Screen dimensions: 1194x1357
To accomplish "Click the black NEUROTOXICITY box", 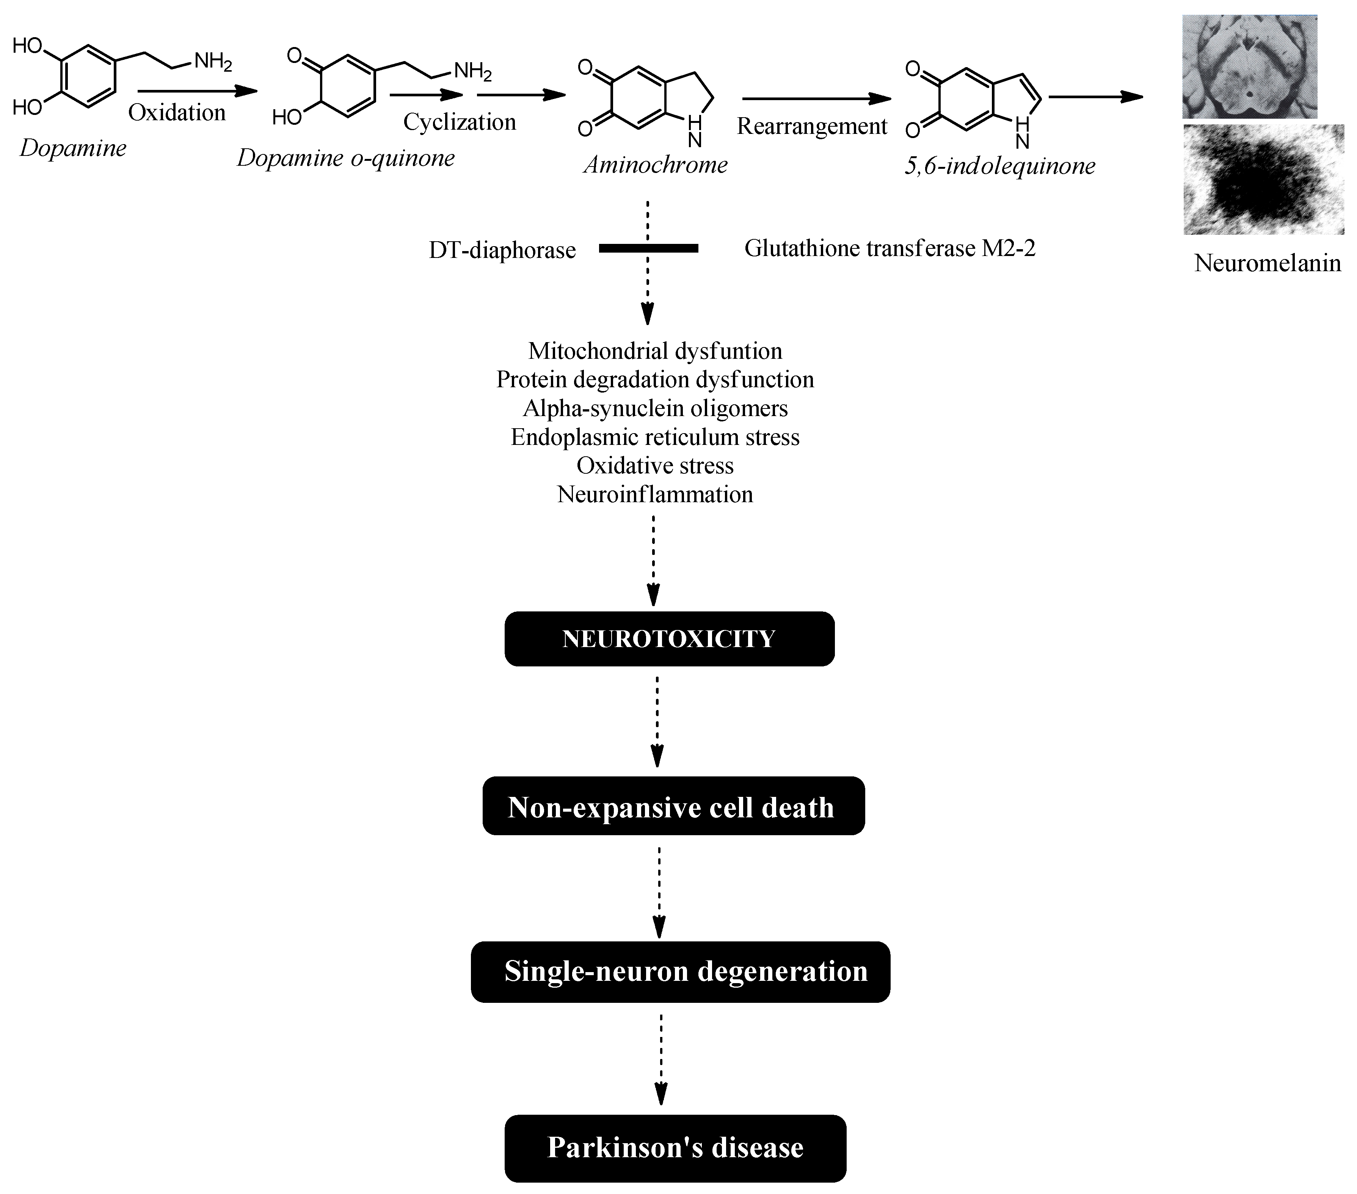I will [x=669, y=639].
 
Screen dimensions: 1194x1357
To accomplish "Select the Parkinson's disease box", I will [x=675, y=1147].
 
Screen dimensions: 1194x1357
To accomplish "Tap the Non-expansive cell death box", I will [x=673, y=806].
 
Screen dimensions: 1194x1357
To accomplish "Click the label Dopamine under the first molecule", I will [x=73, y=148].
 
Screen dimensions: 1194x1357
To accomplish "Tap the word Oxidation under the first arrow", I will [x=177, y=113].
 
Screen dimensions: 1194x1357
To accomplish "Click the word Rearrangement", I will [x=811, y=126].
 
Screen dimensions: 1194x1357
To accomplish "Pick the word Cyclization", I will [x=460, y=122].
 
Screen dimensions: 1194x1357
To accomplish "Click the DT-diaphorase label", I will [x=502, y=250].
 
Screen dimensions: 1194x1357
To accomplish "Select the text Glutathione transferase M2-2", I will [x=890, y=248].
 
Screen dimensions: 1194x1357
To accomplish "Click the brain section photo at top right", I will [x=1249, y=66].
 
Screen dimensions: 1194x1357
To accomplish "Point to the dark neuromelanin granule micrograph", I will [x=1263, y=179].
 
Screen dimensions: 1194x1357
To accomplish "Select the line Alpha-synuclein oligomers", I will [x=655, y=408].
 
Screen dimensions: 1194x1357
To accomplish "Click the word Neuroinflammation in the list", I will [x=655, y=494].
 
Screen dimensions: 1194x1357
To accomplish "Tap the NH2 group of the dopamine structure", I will [x=212, y=62].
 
